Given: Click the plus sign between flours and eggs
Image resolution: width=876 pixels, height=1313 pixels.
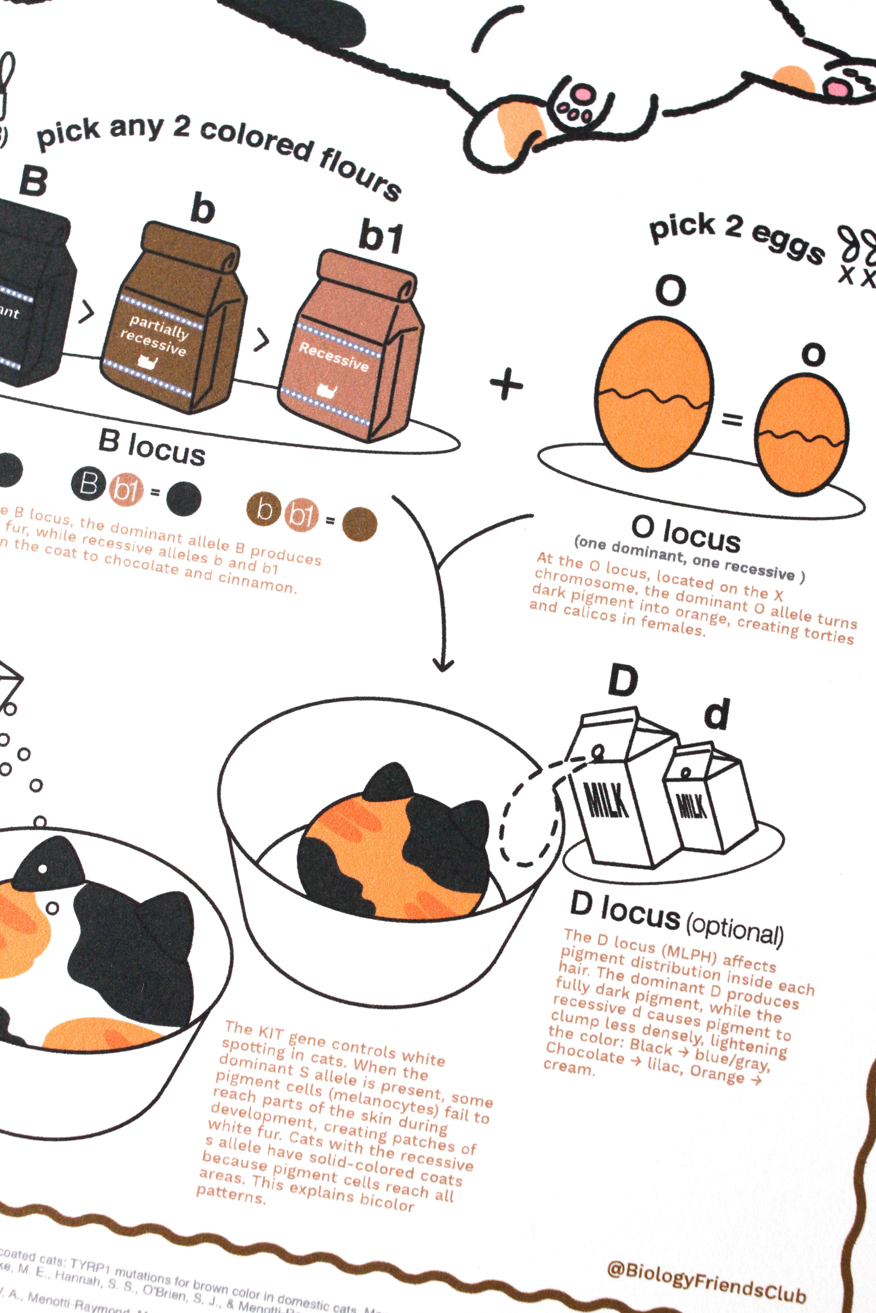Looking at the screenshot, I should [506, 385].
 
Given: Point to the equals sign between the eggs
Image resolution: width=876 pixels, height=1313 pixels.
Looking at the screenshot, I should [732, 419].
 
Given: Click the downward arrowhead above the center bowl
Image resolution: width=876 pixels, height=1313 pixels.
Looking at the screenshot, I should [443, 664].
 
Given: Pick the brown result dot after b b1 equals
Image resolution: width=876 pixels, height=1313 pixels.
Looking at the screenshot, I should [360, 524].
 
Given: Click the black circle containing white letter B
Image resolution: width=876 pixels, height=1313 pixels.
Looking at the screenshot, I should [88, 484].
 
